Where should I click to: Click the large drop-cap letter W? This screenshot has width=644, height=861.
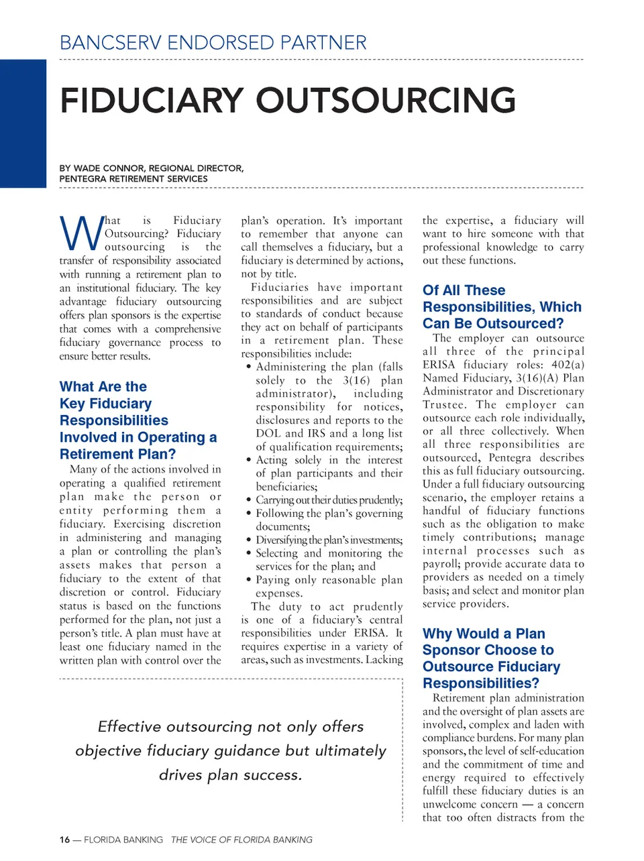tap(80, 233)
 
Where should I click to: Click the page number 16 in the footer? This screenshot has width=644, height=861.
tap(64, 840)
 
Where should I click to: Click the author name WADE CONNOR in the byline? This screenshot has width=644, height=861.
tap(109, 168)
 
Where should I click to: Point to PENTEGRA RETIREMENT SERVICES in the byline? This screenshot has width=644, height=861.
tap(133, 179)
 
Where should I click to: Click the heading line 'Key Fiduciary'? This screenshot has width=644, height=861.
tap(106, 404)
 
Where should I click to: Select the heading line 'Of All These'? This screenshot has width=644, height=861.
tap(464, 290)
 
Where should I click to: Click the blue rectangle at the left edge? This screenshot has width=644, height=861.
tap(23, 123)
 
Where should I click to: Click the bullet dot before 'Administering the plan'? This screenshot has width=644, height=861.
tap(249, 367)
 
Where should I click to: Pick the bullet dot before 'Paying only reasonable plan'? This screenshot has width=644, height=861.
tap(249, 580)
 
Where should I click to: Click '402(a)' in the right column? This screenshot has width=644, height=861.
tap(569, 365)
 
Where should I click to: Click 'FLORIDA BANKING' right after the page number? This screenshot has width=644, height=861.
tap(123, 840)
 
